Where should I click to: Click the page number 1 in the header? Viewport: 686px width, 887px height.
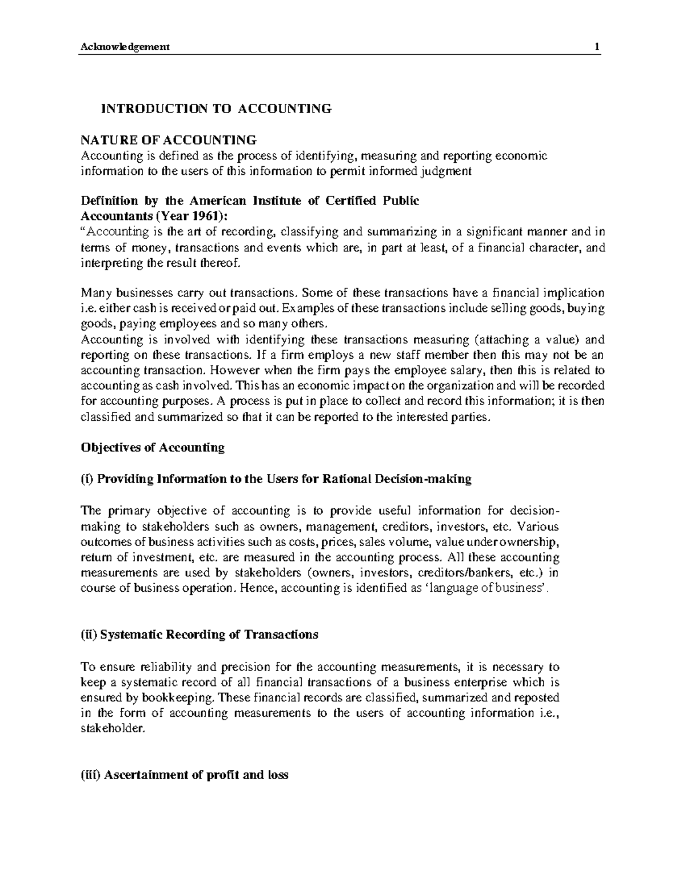(x=597, y=47)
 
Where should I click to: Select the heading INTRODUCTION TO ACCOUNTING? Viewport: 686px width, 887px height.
(x=216, y=109)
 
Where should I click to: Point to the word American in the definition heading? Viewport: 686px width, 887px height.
(x=217, y=201)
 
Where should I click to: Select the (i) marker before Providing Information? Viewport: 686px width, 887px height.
(x=87, y=479)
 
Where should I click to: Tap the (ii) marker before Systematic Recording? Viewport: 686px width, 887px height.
(x=89, y=635)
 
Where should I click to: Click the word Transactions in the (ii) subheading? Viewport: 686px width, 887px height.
(x=281, y=635)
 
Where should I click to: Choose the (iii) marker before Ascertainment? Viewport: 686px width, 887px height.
(x=91, y=775)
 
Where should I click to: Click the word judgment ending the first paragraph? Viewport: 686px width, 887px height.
(x=444, y=171)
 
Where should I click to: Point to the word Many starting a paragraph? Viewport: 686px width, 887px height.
(x=94, y=294)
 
